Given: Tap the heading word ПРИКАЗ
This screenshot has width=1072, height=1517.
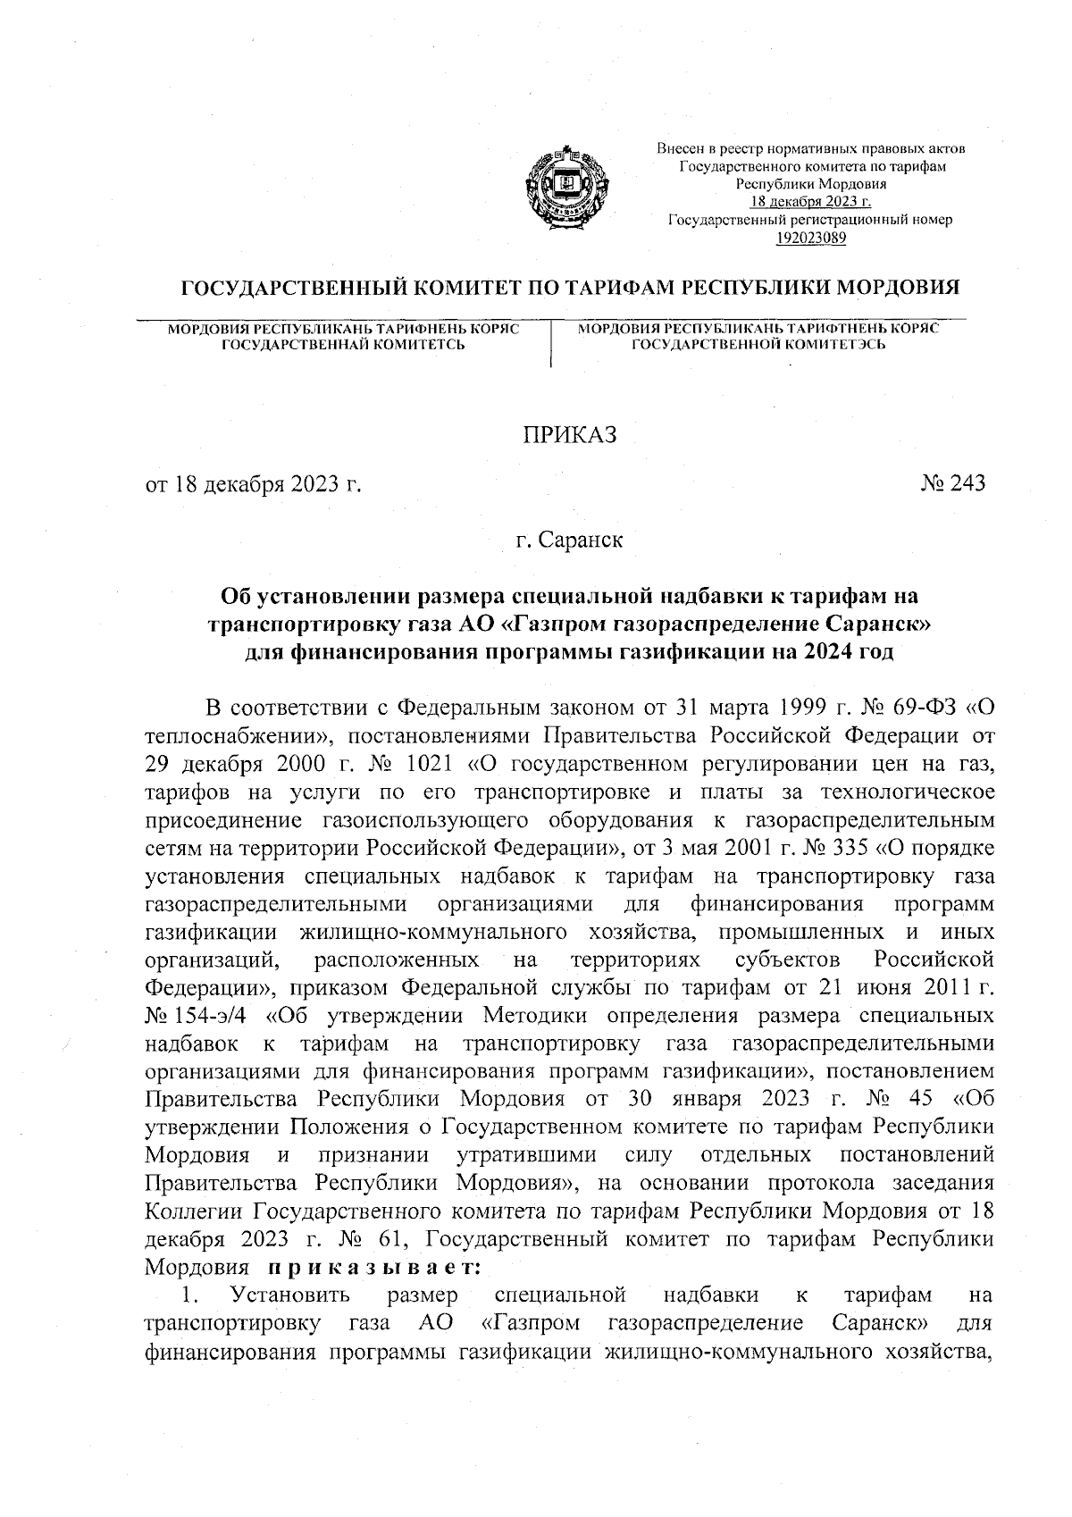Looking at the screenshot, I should pos(570,435).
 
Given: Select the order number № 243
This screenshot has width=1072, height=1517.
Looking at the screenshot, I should pos(952,483).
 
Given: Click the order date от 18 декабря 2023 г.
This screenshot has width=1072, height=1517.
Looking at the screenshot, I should pos(253,484).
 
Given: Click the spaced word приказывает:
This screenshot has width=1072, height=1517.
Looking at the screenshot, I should pos(373,1268).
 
